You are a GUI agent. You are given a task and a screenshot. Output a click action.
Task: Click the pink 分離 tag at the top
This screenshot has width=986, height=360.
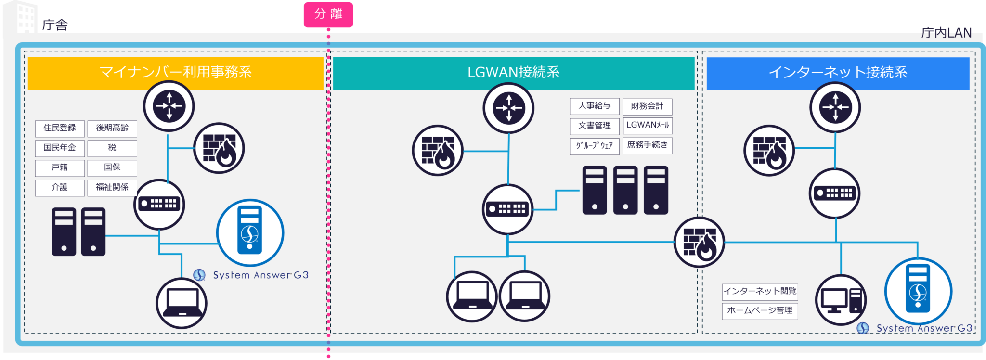[x=328, y=14]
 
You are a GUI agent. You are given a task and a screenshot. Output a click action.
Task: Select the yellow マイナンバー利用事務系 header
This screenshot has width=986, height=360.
[x=175, y=73]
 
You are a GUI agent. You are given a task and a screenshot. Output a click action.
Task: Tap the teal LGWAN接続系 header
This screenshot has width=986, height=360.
[x=514, y=73]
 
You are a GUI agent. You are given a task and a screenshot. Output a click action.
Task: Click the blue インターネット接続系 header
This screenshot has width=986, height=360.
[x=838, y=73]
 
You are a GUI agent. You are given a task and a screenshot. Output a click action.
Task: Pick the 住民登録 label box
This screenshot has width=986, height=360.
[x=60, y=128]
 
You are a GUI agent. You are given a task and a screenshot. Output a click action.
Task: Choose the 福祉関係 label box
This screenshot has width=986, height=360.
[x=112, y=187]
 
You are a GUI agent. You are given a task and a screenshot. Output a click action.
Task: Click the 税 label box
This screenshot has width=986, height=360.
[x=112, y=148]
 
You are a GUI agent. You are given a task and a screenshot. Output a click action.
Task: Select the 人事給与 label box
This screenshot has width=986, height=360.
[x=595, y=106]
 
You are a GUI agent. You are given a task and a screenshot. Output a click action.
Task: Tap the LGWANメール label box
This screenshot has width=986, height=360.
[x=648, y=125]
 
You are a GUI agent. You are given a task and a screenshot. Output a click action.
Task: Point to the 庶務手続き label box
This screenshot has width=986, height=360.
[x=648, y=145]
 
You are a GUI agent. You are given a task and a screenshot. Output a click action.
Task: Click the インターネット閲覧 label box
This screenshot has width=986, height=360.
[x=760, y=291]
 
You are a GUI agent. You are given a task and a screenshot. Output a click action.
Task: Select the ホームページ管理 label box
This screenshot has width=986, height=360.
[x=760, y=311]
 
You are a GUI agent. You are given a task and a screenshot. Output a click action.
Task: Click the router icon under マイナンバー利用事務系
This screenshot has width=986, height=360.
[x=169, y=106]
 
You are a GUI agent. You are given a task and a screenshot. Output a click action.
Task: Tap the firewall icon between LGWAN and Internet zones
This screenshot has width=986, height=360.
[x=699, y=242]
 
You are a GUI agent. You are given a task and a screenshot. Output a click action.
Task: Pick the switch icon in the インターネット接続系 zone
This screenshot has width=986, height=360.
[x=835, y=193]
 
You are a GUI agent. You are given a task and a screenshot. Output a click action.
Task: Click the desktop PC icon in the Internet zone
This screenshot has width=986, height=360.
[x=841, y=300]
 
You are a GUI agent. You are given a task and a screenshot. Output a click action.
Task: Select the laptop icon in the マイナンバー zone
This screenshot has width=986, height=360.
[x=182, y=304]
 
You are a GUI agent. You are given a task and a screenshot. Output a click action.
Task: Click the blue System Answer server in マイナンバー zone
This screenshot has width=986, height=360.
[x=250, y=233]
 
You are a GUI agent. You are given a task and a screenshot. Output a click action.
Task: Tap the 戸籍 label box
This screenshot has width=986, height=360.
[x=60, y=167]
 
